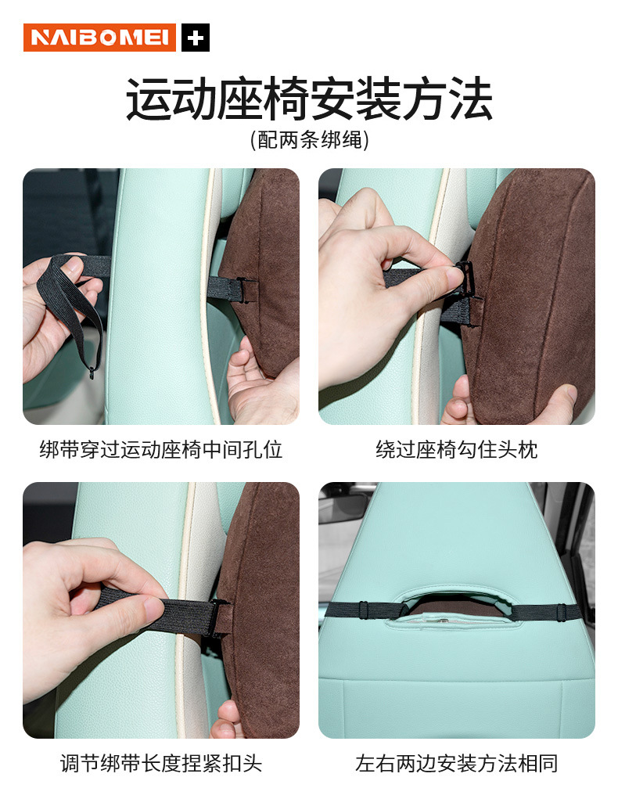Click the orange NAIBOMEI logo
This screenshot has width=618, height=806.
point(99,38)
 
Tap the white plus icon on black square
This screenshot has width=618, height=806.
point(196,38)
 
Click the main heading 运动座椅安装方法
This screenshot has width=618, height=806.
point(309,99)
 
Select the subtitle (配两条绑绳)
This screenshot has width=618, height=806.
point(309,140)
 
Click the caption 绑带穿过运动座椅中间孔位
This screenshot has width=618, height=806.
point(161,450)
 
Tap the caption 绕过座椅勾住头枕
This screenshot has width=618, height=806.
point(457,450)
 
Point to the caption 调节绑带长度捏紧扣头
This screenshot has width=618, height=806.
point(161,763)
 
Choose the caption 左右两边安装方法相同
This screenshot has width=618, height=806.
point(457,763)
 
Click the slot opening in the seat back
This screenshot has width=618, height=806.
point(456,604)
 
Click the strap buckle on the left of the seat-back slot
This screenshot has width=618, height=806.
point(364,610)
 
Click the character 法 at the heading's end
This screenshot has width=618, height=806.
point(470,99)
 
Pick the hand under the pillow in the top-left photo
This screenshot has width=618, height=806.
point(262,383)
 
